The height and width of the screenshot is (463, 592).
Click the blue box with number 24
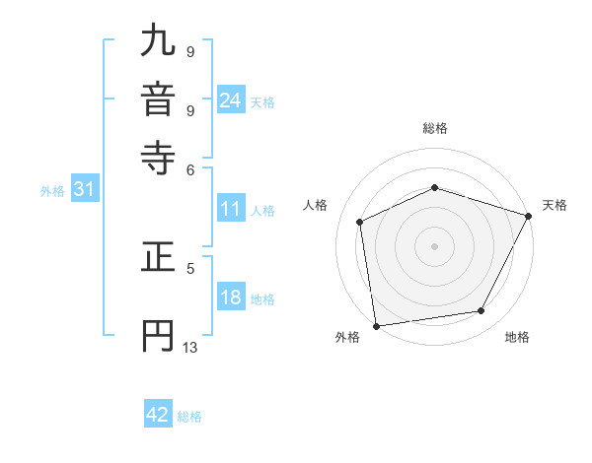click(x=231, y=100)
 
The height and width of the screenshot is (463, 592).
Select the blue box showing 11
click(x=231, y=209)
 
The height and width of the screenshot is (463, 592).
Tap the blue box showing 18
click(x=231, y=298)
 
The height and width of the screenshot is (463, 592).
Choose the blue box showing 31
click(x=84, y=190)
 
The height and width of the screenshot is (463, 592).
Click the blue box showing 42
click(x=158, y=415)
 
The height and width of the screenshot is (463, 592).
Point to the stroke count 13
click(x=190, y=348)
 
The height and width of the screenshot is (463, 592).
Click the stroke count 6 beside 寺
click(x=190, y=169)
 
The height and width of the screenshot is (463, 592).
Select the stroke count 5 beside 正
click(x=190, y=267)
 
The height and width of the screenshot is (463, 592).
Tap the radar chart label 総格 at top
click(x=435, y=128)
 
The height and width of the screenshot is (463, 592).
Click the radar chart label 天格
click(x=555, y=205)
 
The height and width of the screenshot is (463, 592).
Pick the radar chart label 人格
click(x=316, y=205)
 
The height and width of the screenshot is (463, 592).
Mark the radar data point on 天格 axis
click(x=529, y=216)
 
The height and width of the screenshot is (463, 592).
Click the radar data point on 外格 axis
click(x=376, y=325)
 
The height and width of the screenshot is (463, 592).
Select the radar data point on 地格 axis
click(x=481, y=311)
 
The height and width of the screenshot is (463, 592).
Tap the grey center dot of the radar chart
click(x=435, y=245)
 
